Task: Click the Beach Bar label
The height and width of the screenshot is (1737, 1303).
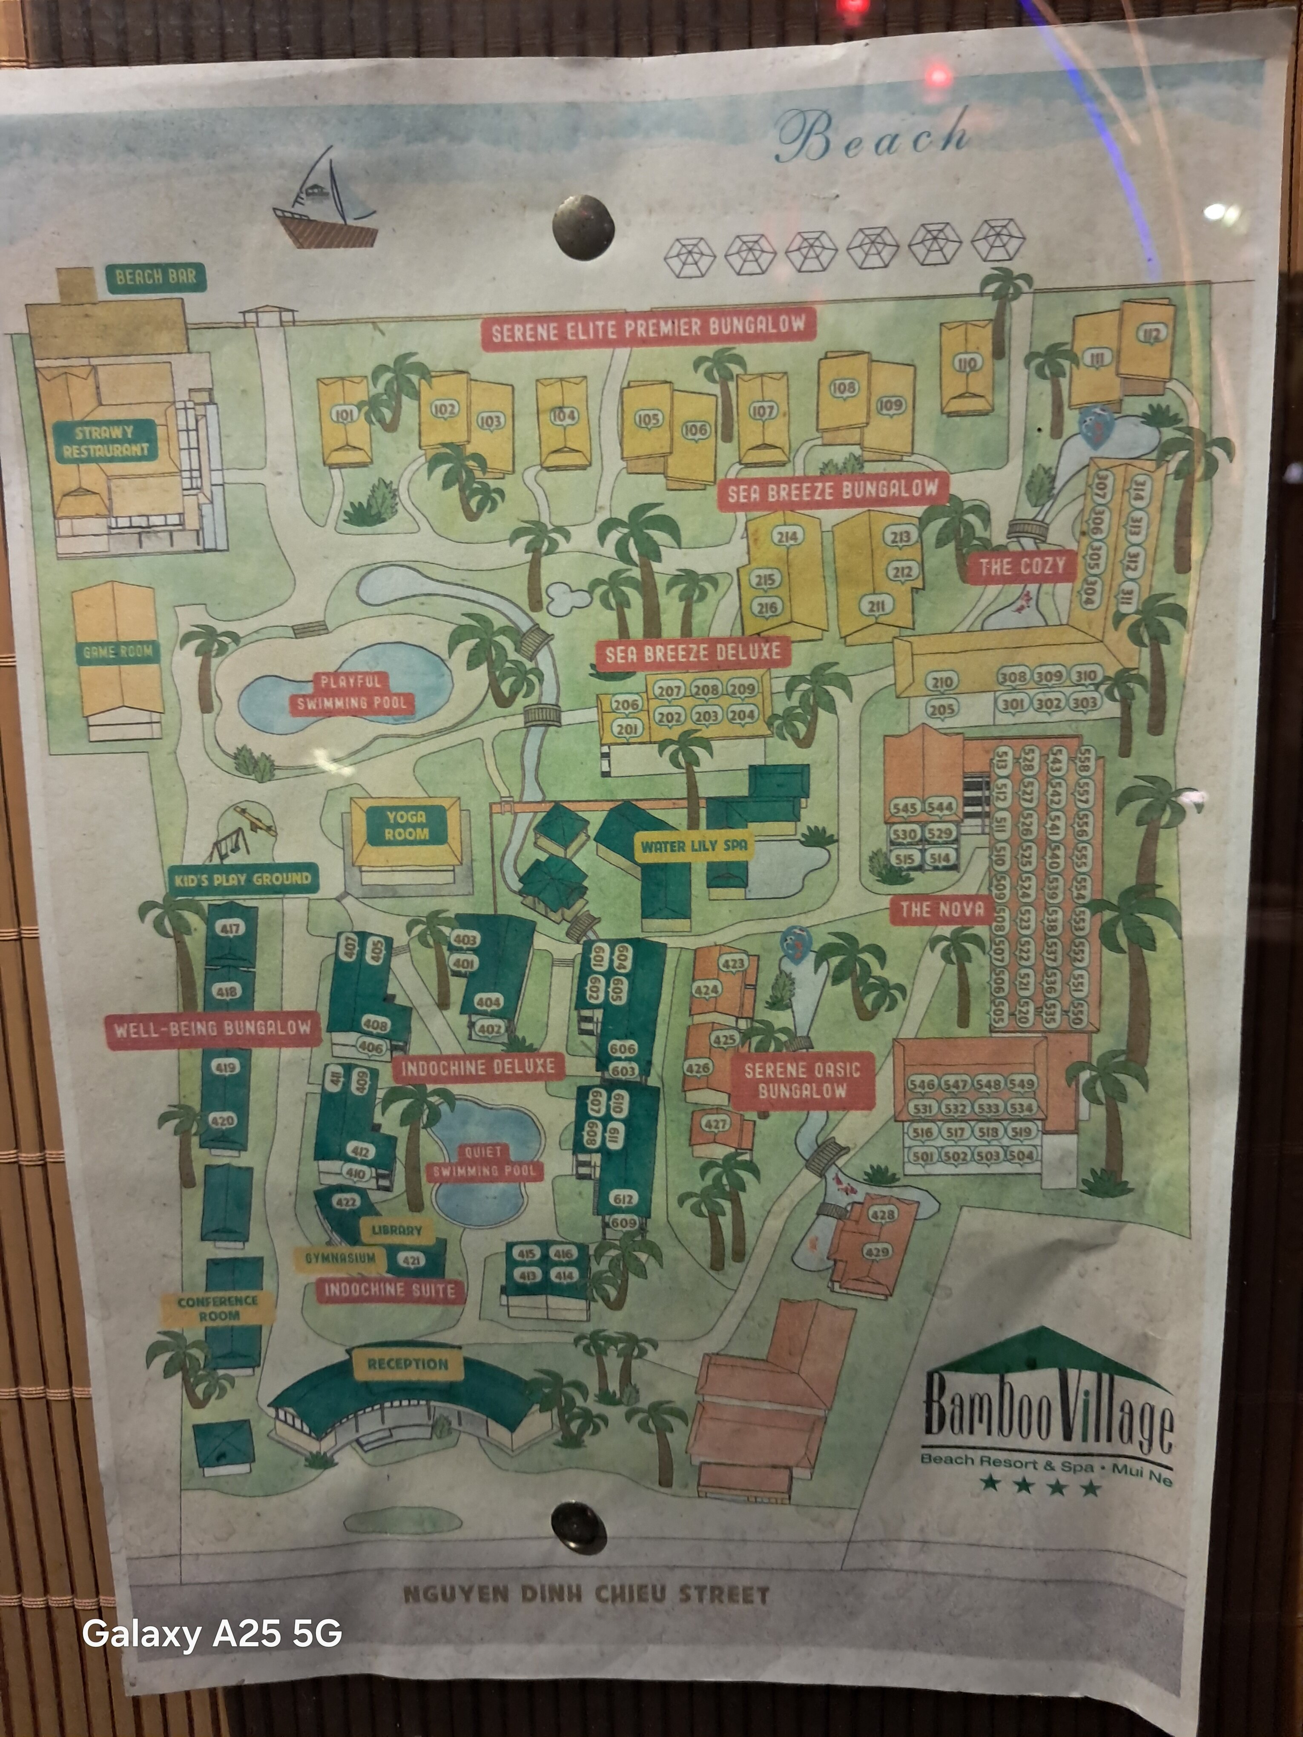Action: (x=155, y=277)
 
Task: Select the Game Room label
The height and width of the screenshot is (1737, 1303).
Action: (x=118, y=651)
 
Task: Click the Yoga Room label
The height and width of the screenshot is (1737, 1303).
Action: (x=406, y=826)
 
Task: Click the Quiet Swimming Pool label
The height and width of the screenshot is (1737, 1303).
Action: (x=484, y=1161)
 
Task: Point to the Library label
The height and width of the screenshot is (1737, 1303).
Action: (x=396, y=1230)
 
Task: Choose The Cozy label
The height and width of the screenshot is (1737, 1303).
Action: (x=1022, y=565)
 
